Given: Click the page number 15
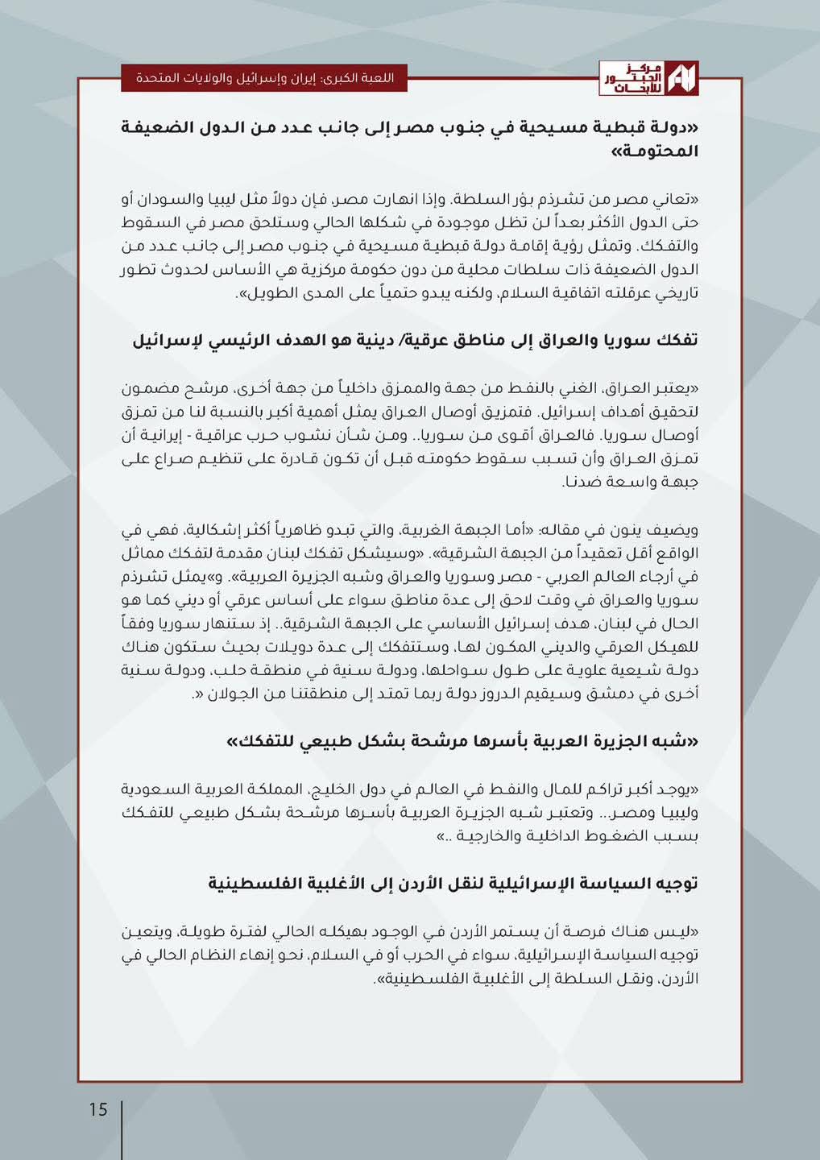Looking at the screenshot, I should [97, 1109].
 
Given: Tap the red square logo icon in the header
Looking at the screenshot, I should [683, 78].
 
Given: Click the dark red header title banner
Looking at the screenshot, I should [263, 79].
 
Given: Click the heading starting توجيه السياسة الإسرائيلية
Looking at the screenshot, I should [453, 884].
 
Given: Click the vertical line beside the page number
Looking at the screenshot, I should [122, 1128].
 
